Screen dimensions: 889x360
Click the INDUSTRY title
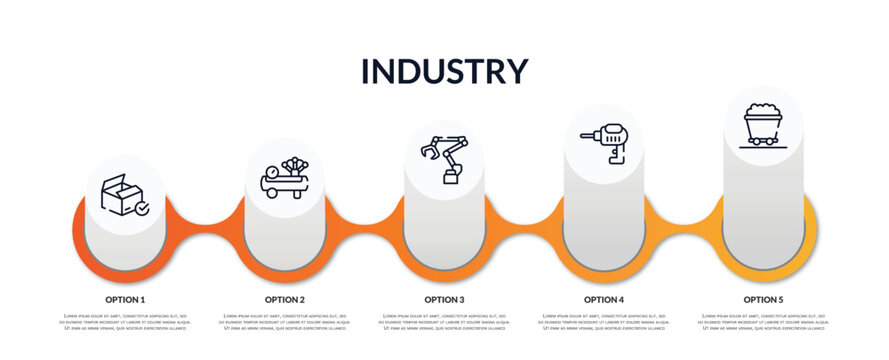[x=444, y=71]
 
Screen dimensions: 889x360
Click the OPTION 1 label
[x=125, y=299]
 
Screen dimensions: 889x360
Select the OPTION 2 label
[x=285, y=299]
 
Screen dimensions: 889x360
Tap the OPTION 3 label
[x=444, y=299]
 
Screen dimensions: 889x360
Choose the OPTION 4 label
[x=604, y=299]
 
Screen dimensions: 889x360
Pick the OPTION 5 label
[x=763, y=299]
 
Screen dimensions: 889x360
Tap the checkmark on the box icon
[x=142, y=209]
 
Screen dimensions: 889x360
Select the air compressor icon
[x=285, y=178]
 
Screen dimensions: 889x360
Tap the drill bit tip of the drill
[x=583, y=135]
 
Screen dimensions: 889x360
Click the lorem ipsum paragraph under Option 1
[x=125, y=322]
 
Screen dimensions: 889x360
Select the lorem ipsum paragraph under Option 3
[x=444, y=322]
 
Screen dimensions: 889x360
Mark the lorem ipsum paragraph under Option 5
[x=763, y=322]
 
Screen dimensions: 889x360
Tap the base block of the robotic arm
[x=451, y=178]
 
